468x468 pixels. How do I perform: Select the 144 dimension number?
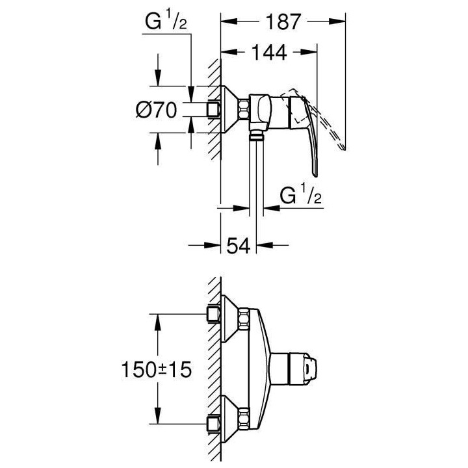(269, 53)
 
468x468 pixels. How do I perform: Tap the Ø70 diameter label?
(157, 110)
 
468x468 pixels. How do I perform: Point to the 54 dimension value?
(239, 245)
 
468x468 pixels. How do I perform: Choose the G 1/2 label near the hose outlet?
(301, 194)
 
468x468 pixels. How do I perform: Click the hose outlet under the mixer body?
(257, 136)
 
